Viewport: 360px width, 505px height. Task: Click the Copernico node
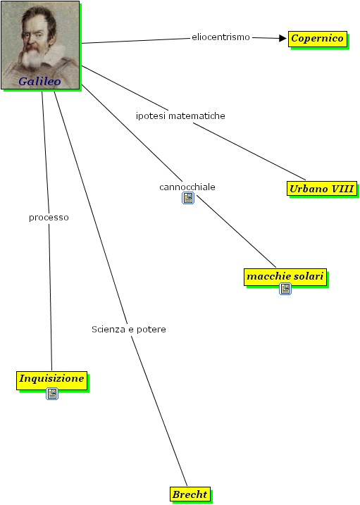[x=318, y=39]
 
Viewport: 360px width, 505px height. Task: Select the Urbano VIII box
[x=322, y=189]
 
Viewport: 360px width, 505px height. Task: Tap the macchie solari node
[x=285, y=277]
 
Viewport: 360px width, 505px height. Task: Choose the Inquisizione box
[x=52, y=380]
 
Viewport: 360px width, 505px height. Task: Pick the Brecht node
[x=190, y=494]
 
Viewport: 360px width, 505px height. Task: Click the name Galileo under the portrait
[x=39, y=81]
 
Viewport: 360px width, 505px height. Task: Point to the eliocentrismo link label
[x=221, y=37]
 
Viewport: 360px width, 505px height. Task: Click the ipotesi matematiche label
[x=180, y=116]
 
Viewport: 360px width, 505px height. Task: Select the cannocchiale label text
[x=187, y=187]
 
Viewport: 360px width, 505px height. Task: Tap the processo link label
[x=49, y=218]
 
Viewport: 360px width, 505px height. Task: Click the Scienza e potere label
[x=129, y=329]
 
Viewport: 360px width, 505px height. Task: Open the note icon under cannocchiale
[x=188, y=198]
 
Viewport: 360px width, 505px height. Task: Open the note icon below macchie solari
[x=285, y=289]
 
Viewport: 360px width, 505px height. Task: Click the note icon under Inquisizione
[x=52, y=394]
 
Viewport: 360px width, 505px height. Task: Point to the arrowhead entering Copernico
[x=283, y=38]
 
